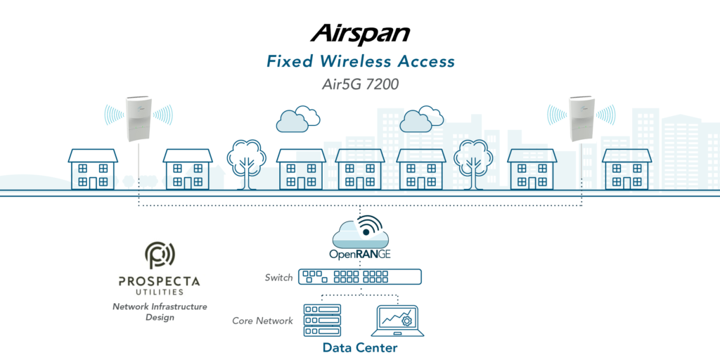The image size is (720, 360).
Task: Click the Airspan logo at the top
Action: [x=360, y=33]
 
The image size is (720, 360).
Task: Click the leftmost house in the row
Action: [x=93, y=169]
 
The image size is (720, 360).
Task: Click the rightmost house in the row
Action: [x=626, y=169]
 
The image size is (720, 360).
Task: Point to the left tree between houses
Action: [x=245, y=160]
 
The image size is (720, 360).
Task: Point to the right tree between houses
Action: [x=472, y=160]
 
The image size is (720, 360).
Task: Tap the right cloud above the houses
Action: [x=420, y=119]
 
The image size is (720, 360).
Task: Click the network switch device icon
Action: [x=360, y=277]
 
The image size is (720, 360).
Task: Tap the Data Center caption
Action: [x=360, y=347]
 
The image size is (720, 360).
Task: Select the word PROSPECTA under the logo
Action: [x=159, y=281]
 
